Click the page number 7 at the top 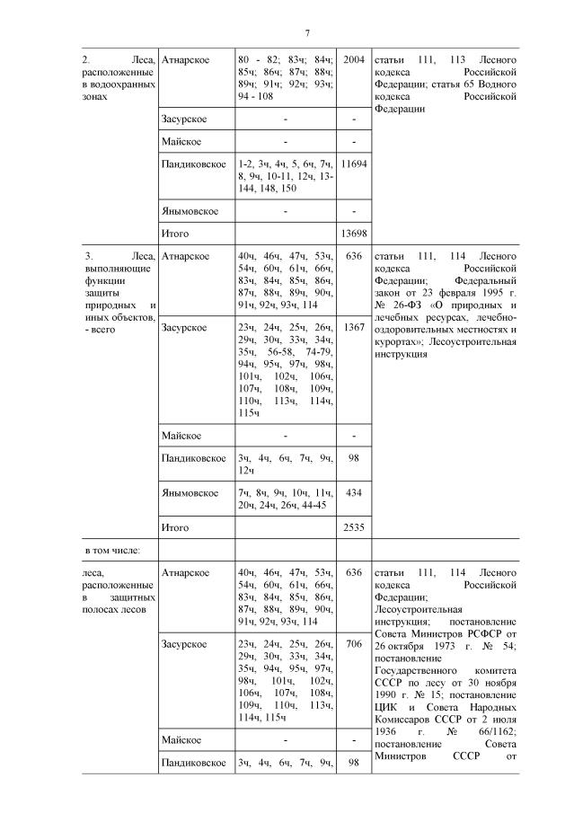[x=307, y=34]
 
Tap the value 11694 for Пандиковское [x=354, y=165]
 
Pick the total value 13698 [x=354, y=234]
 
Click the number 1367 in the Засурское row [x=354, y=328]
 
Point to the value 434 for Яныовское [x=354, y=493]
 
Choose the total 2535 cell [x=354, y=527]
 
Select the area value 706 [x=354, y=644]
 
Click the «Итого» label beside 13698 [x=175, y=234]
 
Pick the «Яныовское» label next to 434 [x=190, y=493]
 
